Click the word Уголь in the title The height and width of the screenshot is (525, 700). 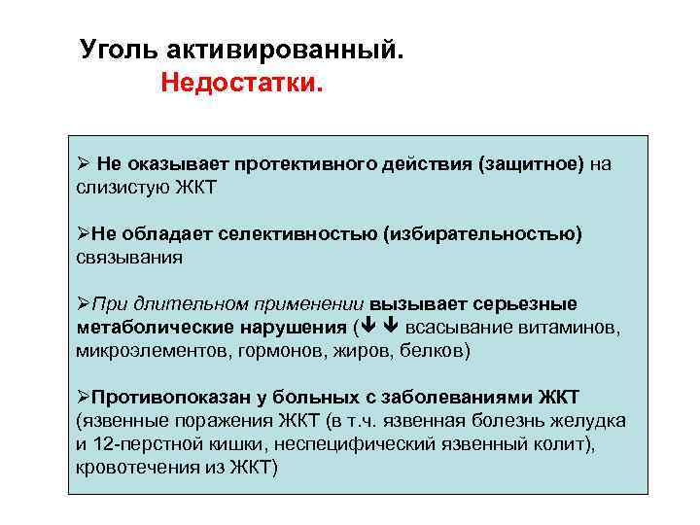click(x=114, y=49)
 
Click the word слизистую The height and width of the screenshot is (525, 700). click(x=122, y=188)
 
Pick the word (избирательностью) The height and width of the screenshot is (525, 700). click(x=482, y=234)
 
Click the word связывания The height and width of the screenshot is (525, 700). click(x=129, y=258)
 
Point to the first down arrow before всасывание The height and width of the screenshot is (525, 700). click(x=371, y=327)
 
